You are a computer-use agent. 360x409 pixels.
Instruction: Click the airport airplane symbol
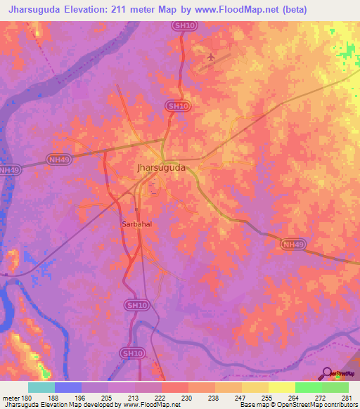[212, 56]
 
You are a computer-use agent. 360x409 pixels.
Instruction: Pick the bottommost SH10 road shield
[129, 353]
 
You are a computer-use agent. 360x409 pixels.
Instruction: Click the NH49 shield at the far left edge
[8, 169]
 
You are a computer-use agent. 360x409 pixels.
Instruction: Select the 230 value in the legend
[188, 398]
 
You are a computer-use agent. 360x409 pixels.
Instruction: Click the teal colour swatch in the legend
[41, 387]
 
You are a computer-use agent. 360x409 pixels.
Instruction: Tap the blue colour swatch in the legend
[68, 387]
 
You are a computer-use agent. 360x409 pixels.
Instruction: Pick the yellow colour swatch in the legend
[281, 387]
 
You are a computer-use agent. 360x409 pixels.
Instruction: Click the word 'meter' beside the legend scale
[11, 398]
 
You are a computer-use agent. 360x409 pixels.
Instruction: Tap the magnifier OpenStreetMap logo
[328, 373]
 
